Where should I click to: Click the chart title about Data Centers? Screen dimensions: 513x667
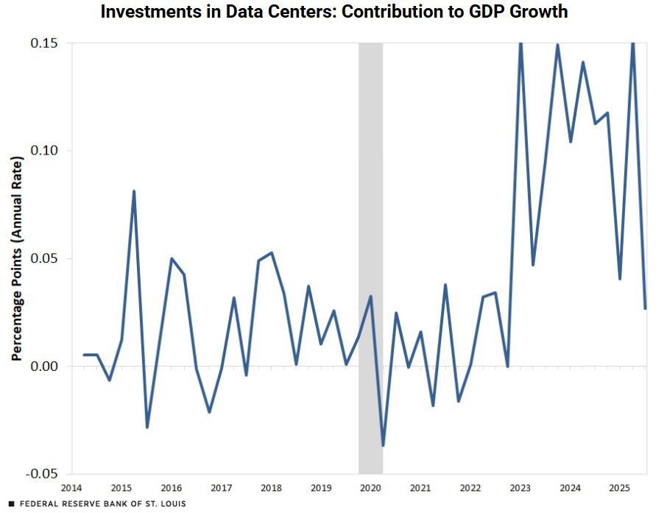pyautogui.click(x=333, y=12)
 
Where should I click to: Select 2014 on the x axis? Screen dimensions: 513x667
pyautogui.click(x=71, y=488)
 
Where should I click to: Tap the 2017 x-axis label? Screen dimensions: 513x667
pyautogui.click(x=221, y=488)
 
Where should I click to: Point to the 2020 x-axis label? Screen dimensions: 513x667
pyautogui.click(x=370, y=488)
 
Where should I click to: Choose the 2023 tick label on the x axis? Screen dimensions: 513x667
pyautogui.click(x=520, y=488)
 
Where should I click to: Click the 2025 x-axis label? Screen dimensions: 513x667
pyautogui.click(x=620, y=488)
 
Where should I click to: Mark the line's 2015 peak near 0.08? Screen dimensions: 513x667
pyautogui.click(x=134, y=191)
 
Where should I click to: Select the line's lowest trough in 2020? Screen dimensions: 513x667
pyautogui.click(x=383, y=445)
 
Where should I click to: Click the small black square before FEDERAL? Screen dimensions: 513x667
pyautogui.click(x=11, y=504)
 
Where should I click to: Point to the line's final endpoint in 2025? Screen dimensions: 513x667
pyautogui.click(x=646, y=308)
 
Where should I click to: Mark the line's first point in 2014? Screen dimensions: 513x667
pyautogui.click(x=84, y=355)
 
